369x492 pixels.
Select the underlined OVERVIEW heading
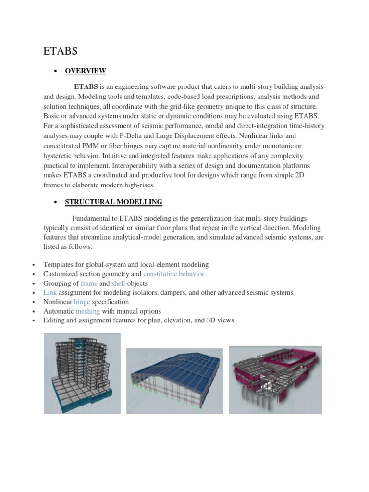(86, 71)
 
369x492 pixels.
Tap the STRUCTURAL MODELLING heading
(113, 202)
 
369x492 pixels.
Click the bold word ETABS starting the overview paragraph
(86, 86)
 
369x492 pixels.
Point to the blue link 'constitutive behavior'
(174, 274)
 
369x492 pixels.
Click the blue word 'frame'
(89, 283)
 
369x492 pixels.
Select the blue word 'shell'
(118, 283)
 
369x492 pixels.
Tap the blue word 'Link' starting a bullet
(50, 293)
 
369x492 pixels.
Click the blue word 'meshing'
(88, 311)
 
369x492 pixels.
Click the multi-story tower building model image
(82, 374)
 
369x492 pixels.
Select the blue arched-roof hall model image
(174, 381)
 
